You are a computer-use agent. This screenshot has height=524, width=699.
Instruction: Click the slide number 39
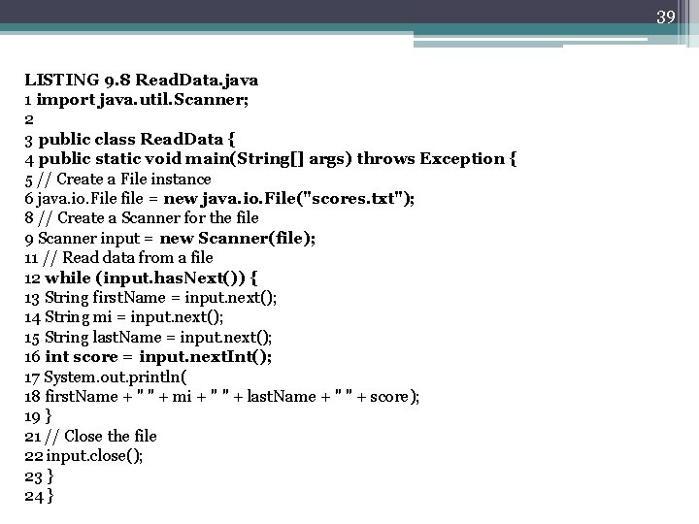pos(666,16)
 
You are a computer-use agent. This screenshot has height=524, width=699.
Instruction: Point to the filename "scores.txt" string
pos(360,198)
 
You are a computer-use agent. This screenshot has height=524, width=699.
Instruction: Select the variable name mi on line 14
pos(99,317)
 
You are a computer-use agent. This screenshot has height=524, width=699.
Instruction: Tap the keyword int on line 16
pos(56,357)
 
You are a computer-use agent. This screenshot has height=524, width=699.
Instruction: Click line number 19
pos(33,416)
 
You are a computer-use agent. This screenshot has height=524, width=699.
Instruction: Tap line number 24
pos(34,496)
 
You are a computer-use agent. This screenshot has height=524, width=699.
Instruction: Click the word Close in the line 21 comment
pos(85,437)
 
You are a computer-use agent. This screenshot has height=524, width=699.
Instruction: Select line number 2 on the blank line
pos(29,118)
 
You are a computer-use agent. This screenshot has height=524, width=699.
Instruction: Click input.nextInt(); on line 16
pos(206,357)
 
